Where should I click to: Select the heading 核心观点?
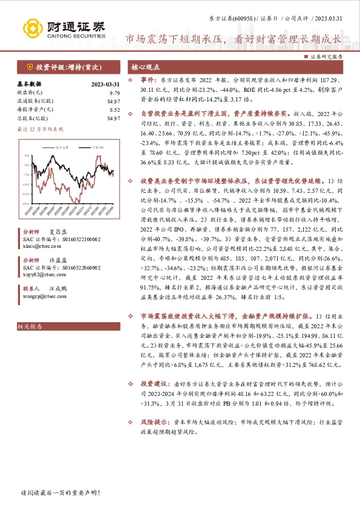pos(146,68)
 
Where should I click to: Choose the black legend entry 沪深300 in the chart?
pos(90,147)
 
